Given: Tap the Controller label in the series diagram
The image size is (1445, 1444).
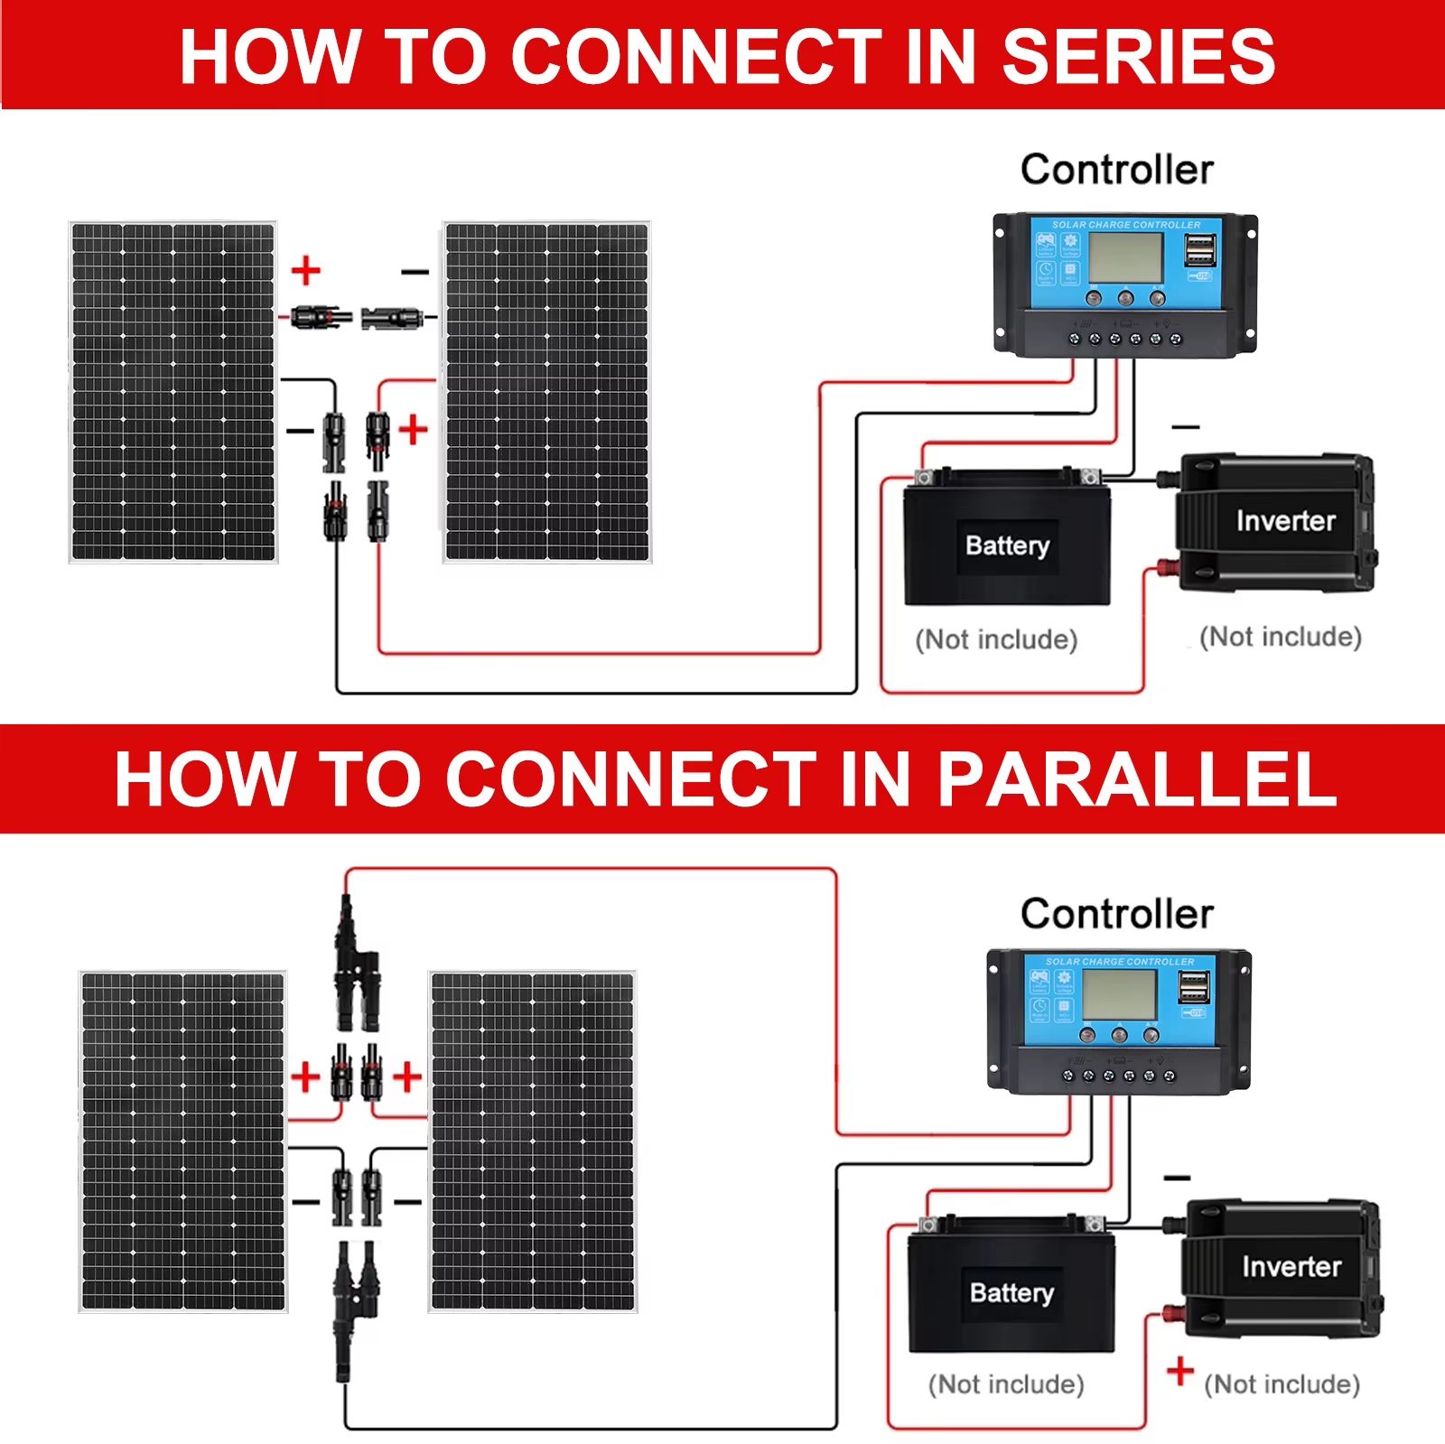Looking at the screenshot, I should click(x=1116, y=170).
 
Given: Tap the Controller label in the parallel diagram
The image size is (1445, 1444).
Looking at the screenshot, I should click(x=1116, y=914).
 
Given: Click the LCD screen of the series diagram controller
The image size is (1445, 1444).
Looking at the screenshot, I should click(x=1124, y=257).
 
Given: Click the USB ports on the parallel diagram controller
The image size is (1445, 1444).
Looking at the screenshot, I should click(x=1193, y=986).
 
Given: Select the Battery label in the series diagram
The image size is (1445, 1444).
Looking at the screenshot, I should click(x=1007, y=545).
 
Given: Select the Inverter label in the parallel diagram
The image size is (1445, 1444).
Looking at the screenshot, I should click(x=1291, y=1266).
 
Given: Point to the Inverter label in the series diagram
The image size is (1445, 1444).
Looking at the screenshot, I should click(x=1285, y=521).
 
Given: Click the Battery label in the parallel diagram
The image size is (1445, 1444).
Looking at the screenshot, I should click(x=1011, y=1292).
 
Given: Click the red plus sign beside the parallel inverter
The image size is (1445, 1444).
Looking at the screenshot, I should click(x=1179, y=1371).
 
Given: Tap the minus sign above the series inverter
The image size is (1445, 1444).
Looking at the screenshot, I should click(x=1185, y=426).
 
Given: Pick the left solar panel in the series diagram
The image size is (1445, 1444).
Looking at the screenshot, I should click(x=173, y=392).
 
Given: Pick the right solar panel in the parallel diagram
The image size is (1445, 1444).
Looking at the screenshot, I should click(x=533, y=1141).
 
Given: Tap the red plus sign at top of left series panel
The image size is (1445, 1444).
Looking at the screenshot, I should click(x=306, y=270).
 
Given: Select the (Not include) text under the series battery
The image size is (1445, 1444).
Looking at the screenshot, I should click(x=996, y=639).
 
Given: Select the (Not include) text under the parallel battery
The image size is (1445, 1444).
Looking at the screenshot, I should click(x=1006, y=1383).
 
